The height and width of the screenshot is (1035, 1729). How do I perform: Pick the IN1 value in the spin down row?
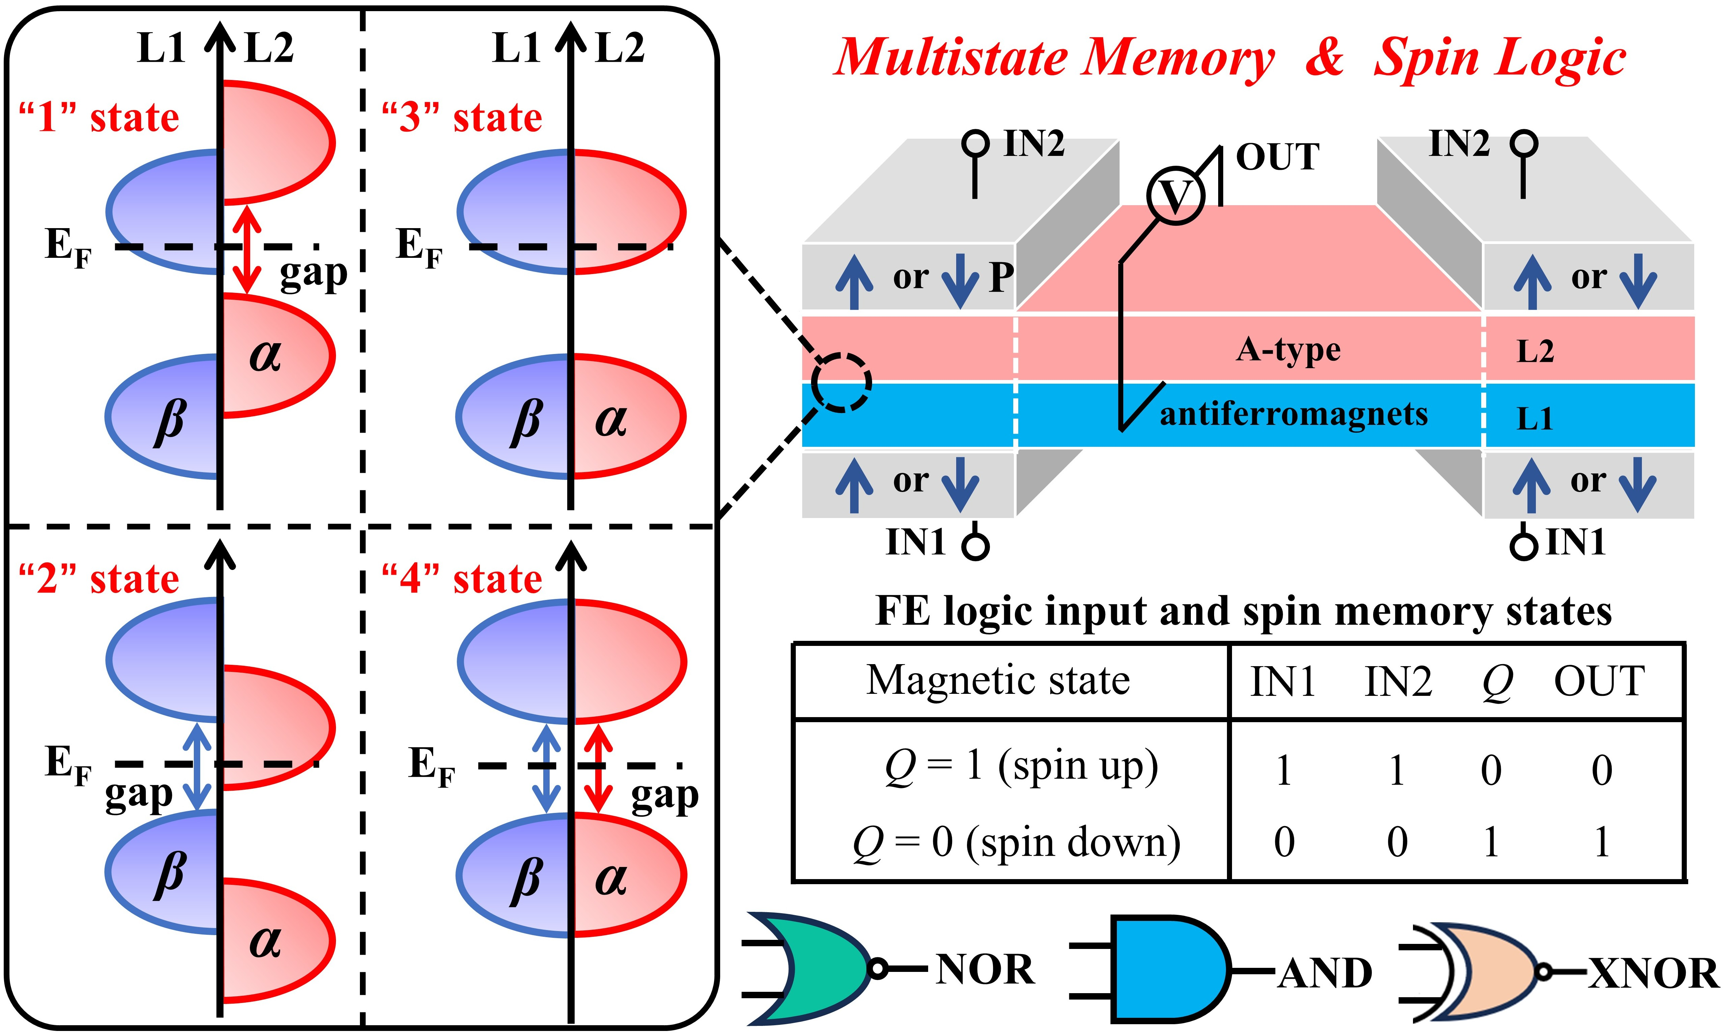[1284, 842]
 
